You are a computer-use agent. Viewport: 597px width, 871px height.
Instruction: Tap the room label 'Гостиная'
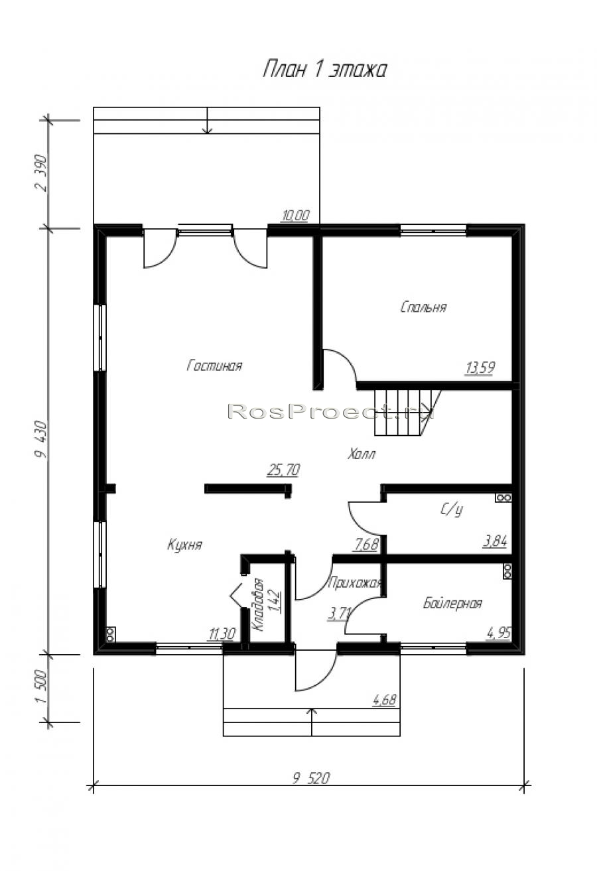(x=214, y=365)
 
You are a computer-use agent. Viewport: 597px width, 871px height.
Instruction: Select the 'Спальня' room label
(x=423, y=307)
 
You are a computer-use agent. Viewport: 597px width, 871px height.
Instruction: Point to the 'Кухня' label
(x=185, y=545)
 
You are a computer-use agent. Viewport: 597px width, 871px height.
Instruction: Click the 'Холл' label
(x=362, y=454)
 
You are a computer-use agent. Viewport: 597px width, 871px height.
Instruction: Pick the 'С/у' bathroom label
(x=452, y=509)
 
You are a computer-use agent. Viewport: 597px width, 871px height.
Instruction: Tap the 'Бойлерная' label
(x=452, y=603)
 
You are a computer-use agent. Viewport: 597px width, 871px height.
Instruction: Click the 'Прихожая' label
(x=354, y=583)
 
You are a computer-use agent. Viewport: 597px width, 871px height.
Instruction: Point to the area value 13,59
(x=480, y=368)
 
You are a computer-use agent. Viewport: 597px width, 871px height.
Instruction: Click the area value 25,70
(x=283, y=470)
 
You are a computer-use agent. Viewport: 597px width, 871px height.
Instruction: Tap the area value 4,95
(x=498, y=633)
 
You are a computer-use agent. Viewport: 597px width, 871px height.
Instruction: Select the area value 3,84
(x=495, y=541)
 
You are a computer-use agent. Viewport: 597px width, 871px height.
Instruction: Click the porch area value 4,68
(x=384, y=700)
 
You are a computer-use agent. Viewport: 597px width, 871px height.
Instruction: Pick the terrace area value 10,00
(x=295, y=215)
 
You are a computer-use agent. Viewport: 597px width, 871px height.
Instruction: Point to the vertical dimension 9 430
(x=41, y=439)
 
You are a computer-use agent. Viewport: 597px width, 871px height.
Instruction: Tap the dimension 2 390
(x=41, y=173)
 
